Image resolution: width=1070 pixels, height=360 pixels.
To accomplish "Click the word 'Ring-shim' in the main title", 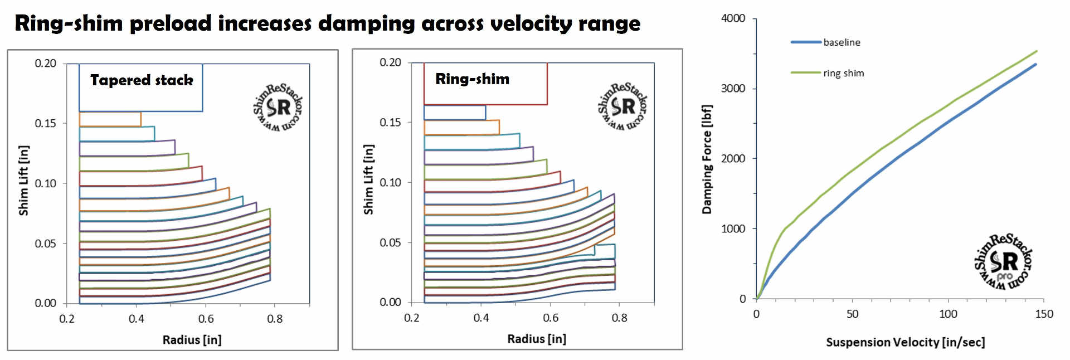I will [69, 24].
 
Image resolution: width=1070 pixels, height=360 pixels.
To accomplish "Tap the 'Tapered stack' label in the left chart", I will [142, 80].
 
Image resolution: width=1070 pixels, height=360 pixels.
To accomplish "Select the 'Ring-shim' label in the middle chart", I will [472, 79].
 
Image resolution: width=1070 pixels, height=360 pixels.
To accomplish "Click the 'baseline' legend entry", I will [842, 42].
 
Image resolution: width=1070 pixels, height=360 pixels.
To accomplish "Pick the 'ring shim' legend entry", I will [843, 73].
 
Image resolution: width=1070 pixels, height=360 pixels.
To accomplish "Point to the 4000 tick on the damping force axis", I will [733, 18].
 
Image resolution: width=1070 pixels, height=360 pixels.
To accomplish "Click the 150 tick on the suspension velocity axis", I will [1044, 314].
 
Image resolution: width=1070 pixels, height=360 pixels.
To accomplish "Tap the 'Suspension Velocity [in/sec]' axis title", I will [905, 342].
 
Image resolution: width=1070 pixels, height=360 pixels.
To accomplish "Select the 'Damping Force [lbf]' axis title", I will [707, 159].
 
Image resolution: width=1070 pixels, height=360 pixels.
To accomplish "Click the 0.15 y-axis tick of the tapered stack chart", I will [45, 123].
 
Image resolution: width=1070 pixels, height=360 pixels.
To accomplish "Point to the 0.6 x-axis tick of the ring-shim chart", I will [550, 318].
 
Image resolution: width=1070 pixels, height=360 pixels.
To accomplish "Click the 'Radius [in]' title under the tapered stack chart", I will [192, 340].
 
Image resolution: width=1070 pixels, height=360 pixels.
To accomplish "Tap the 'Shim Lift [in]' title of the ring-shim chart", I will [368, 179].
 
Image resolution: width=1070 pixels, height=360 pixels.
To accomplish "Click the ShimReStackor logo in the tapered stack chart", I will [278, 108].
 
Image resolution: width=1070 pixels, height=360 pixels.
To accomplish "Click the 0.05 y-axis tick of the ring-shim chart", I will [390, 242].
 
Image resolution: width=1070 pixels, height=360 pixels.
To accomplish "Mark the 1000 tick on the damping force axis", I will [733, 228].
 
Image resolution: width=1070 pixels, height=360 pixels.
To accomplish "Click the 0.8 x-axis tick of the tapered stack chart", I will [275, 319].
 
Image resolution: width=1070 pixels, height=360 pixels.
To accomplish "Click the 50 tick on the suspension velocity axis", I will [852, 314].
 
